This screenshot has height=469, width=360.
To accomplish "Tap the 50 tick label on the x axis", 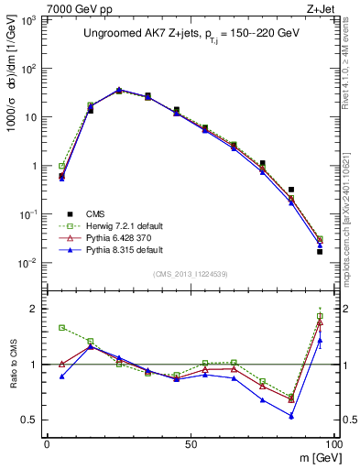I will point(190,444).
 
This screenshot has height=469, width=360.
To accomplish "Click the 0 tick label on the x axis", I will point(47,444).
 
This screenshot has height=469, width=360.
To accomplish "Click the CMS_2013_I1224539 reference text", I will point(190,273).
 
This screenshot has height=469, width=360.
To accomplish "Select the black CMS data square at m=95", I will point(320,251).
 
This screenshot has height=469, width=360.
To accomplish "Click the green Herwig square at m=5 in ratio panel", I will point(61,327).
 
